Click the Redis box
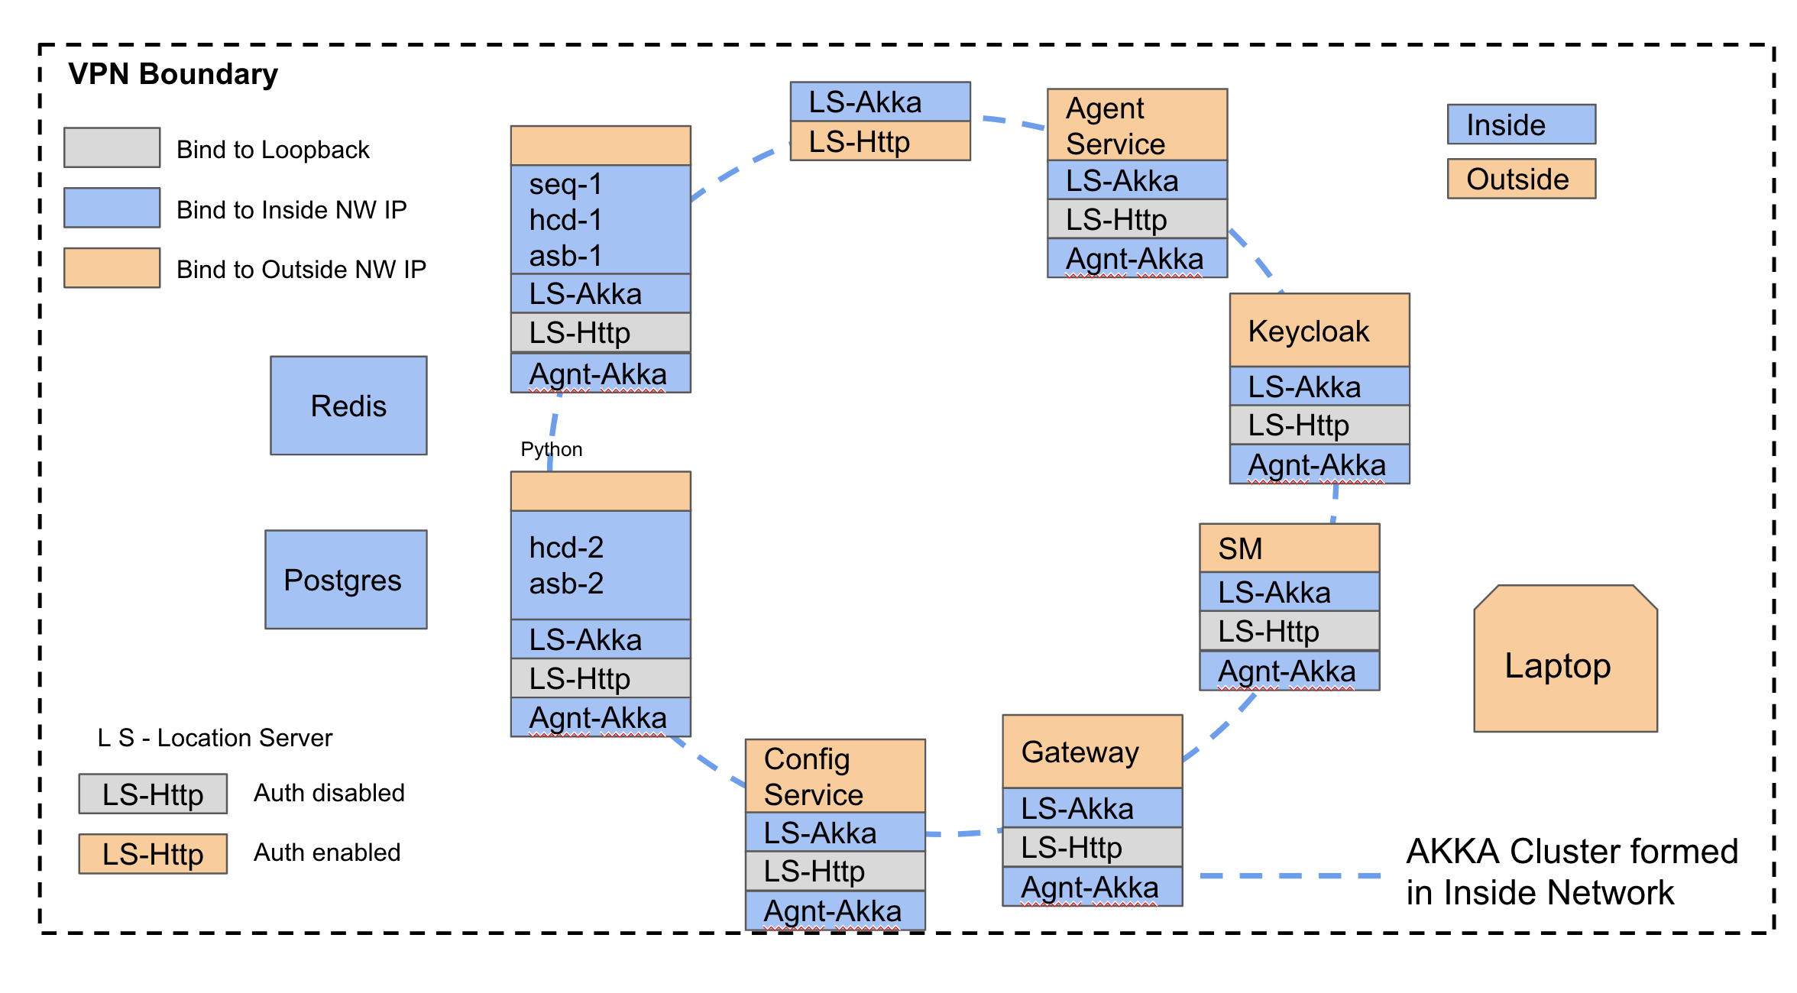click(348, 406)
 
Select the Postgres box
click(345, 580)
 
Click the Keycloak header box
click(1319, 330)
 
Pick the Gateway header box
click(1092, 752)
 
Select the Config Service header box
click(834, 776)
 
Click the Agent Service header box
click(1137, 125)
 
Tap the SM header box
click(1289, 548)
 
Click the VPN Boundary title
click(173, 74)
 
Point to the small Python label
click(551, 449)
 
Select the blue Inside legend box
click(1520, 125)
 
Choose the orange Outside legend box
click(1520, 179)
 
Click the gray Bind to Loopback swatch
click(112, 147)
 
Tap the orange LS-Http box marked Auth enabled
click(153, 854)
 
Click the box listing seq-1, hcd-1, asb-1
click(601, 220)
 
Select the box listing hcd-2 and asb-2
click(601, 565)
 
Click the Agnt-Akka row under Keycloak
click(1319, 464)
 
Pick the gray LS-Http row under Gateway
click(1092, 847)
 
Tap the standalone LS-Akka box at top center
click(879, 102)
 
